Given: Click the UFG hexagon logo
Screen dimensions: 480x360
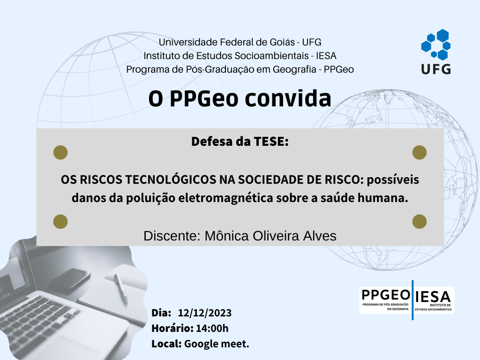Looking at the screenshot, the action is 435,45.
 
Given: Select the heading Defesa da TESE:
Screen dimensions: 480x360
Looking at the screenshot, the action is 240,142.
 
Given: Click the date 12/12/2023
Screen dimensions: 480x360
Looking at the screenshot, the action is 204,313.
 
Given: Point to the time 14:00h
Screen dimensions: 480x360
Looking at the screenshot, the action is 212,328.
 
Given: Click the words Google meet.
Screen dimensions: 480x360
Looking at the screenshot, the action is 217,344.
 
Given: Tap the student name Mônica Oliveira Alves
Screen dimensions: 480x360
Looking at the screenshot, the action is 270,236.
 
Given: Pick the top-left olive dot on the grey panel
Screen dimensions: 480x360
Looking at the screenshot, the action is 60,152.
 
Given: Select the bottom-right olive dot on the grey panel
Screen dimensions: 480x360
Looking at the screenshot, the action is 420,221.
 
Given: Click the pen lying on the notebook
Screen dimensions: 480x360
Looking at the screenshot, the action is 120,288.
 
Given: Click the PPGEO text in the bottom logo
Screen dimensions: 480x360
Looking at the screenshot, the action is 385,295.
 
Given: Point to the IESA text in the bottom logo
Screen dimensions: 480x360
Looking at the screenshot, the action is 433,297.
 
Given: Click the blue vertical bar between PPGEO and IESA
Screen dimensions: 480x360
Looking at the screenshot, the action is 412,300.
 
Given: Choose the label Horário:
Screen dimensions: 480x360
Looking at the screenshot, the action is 172,328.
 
